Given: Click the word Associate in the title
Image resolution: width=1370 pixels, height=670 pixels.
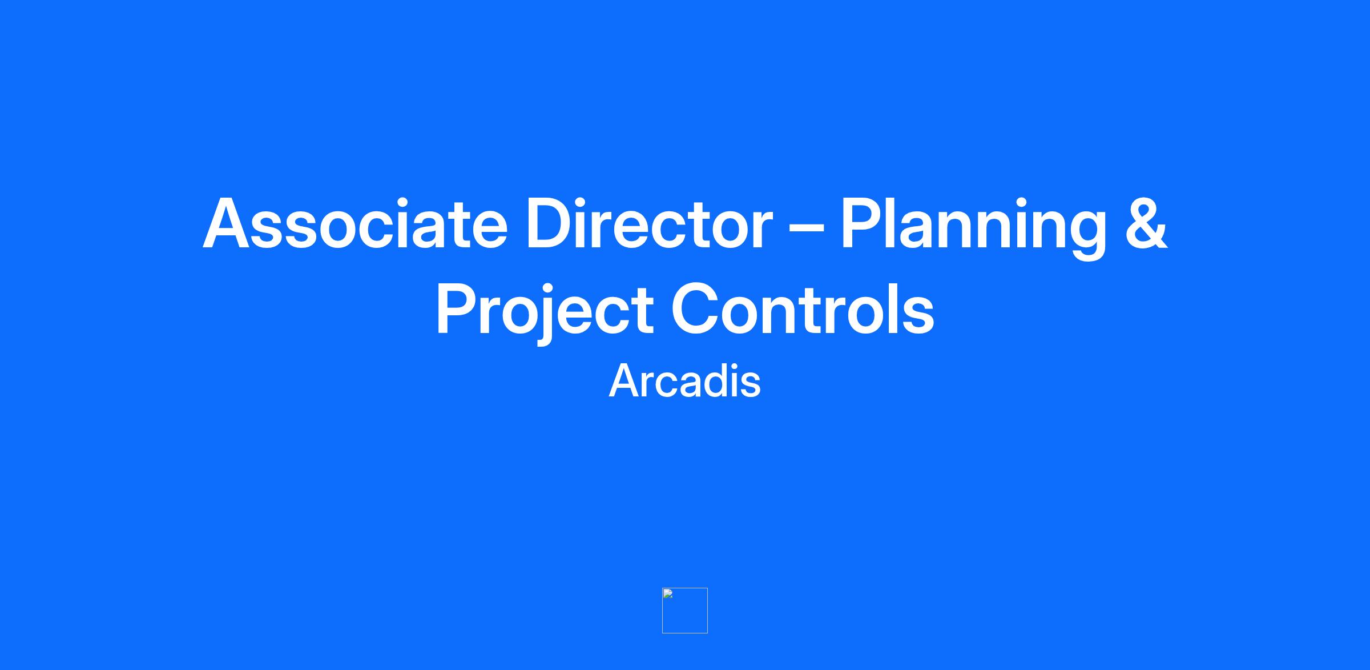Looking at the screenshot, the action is tap(355, 223).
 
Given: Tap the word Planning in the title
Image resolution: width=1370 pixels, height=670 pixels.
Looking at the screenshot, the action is tap(974, 228).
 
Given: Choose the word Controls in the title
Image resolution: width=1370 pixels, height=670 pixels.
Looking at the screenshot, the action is tap(803, 309).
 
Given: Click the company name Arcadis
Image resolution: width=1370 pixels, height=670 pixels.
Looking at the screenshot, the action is tap(685, 381).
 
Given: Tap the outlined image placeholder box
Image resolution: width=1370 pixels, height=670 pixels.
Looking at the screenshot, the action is tap(685, 610).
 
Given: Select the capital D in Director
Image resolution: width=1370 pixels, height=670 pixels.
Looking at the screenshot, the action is tap(550, 224).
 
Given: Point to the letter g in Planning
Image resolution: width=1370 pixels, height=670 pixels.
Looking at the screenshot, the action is tap(1087, 236).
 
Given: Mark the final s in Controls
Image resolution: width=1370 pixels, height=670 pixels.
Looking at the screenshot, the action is tap(918, 316).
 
